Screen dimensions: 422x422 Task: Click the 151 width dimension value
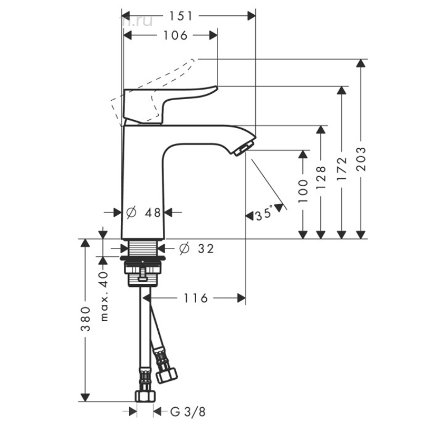[x=180, y=16]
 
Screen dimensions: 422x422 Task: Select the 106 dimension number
[x=176, y=35]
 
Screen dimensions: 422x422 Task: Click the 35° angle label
[x=263, y=215]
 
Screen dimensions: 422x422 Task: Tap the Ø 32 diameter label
[x=196, y=248]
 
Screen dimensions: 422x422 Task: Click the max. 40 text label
[x=103, y=296]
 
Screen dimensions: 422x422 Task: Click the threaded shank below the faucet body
[x=143, y=248]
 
